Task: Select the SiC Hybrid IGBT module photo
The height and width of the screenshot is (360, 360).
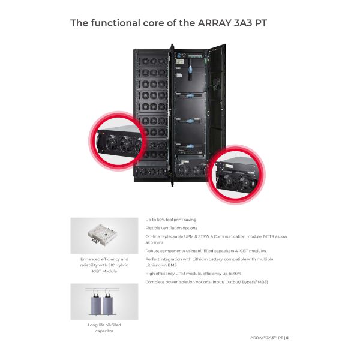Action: (104, 235)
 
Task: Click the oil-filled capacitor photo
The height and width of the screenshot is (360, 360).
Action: (104, 301)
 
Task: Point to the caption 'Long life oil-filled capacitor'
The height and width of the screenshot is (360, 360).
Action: (104, 328)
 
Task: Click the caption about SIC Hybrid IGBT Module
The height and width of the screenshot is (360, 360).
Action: (104, 265)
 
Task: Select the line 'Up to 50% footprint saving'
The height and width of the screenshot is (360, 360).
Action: (171, 220)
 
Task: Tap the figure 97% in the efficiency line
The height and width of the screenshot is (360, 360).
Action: (237, 273)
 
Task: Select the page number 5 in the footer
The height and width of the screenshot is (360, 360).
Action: (287, 337)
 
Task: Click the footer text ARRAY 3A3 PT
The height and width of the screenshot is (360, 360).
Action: (266, 337)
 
